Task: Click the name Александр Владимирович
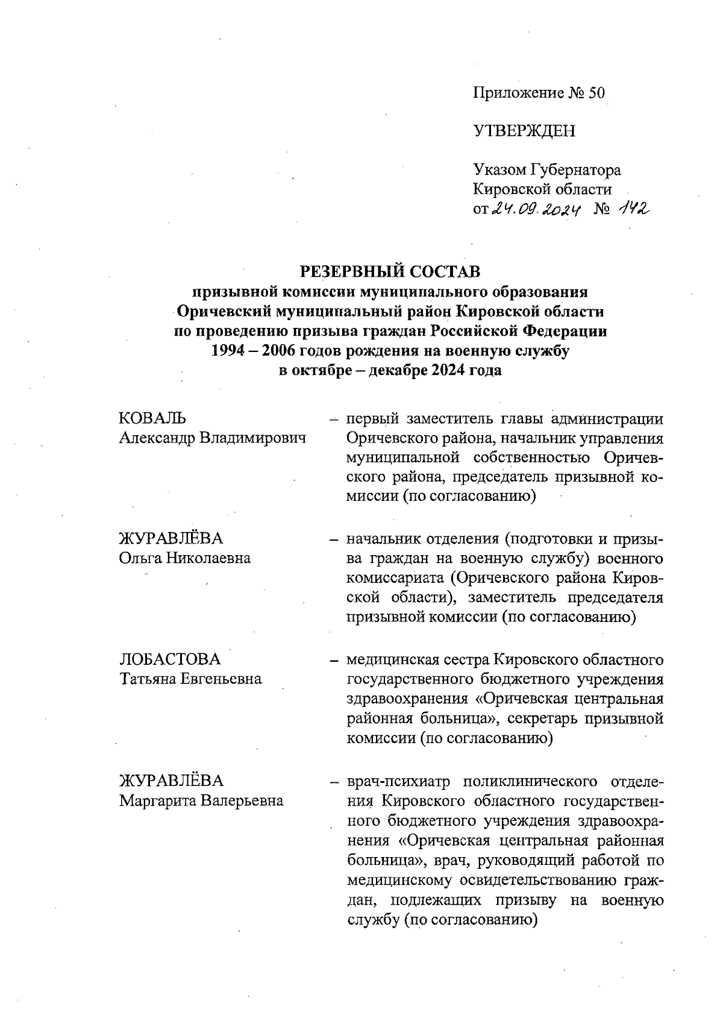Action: pos(213,438)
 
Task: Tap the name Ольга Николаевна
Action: pos(185,558)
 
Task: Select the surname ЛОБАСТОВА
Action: pos(170,659)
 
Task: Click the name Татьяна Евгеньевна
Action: pos(190,679)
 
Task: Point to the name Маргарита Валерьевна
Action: pos(201,801)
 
